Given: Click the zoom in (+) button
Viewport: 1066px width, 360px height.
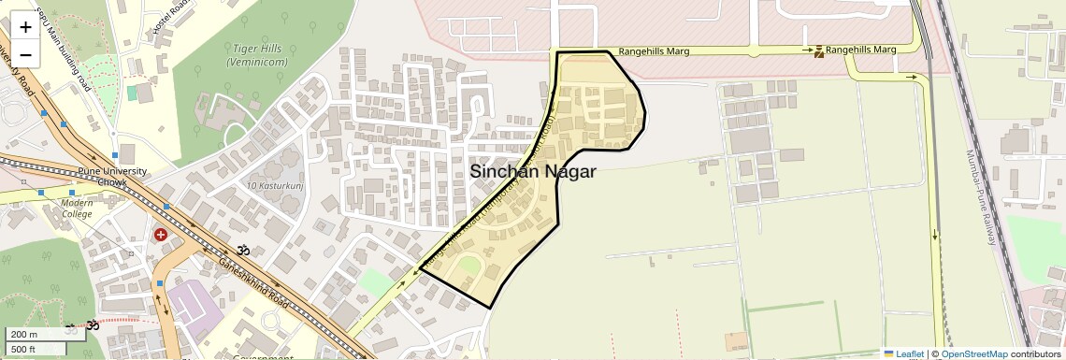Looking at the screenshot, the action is click(x=25, y=26).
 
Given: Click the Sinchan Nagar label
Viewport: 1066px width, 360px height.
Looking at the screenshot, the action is click(x=532, y=172).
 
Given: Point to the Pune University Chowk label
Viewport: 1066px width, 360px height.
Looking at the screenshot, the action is click(x=112, y=177).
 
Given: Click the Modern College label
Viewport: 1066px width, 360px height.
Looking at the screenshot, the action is click(x=77, y=208).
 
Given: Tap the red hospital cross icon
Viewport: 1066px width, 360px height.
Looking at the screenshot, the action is click(x=161, y=234).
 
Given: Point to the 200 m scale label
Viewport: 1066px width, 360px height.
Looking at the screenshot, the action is click(x=25, y=335).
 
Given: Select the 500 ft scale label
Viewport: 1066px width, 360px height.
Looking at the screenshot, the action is click(x=25, y=349).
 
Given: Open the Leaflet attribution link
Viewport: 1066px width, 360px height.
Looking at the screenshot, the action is click(x=903, y=353).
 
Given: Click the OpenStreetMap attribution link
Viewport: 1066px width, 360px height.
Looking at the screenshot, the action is click(x=974, y=353).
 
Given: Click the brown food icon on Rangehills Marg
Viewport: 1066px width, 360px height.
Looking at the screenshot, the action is click(x=819, y=50).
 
